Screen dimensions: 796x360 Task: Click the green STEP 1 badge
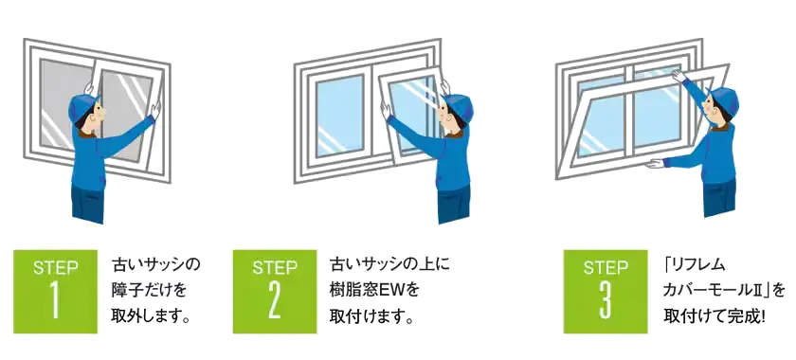55,292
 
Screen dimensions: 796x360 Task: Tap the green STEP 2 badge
275,292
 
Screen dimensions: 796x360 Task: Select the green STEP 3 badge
606,292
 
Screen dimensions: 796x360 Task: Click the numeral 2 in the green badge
274,301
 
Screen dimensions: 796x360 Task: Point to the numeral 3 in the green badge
606,301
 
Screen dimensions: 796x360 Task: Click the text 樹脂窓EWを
374,291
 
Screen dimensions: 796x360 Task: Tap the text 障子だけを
150,291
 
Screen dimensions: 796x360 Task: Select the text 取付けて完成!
715,316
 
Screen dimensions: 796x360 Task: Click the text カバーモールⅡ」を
724,291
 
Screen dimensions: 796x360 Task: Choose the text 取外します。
151,316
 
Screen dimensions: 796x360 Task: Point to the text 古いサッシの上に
389,264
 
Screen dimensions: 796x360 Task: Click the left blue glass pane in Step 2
339,117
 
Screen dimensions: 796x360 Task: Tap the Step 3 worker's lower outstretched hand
656,164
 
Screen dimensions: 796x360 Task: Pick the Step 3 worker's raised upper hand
678,76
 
